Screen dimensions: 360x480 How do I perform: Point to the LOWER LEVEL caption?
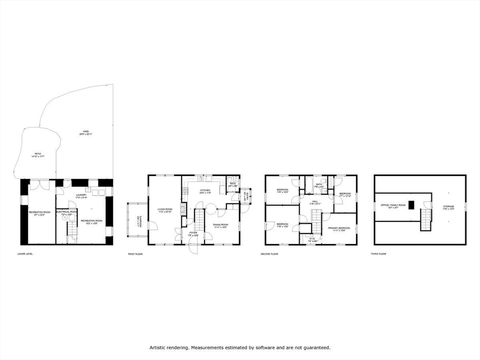click(25, 254)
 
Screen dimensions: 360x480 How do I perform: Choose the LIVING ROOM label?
click(165, 210)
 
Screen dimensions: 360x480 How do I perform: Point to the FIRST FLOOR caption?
click(135, 254)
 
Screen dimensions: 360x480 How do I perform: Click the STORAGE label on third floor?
click(449, 207)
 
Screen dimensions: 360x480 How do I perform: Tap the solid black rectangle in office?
click(411, 205)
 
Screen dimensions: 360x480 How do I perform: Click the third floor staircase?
click(425, 219)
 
